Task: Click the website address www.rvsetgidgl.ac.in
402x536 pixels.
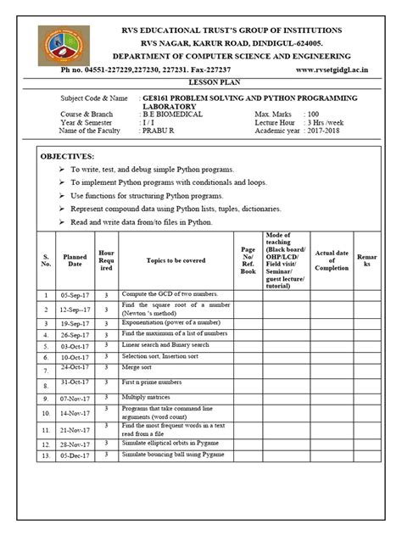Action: (x=336, y=70)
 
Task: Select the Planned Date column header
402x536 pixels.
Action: (x=75, y=260)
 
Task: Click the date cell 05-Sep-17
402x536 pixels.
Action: (x=75, y=295)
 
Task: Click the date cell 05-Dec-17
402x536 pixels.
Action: (x=75, y=456)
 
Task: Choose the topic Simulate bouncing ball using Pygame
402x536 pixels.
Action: (x=172, y=455)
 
